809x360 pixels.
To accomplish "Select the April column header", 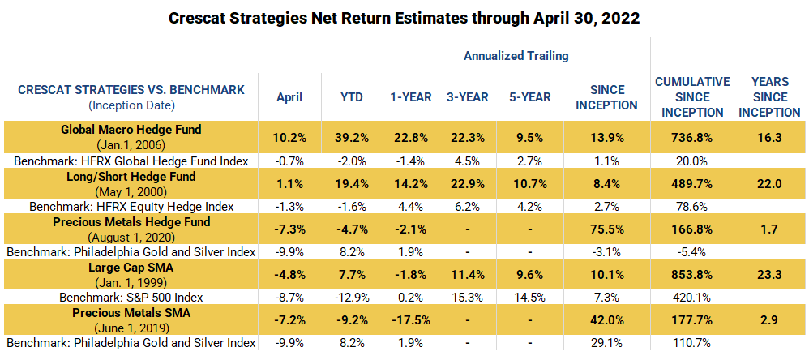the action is point(289,97).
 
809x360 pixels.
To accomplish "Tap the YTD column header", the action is point(352,97).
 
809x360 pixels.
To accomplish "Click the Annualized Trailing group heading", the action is point(516,56).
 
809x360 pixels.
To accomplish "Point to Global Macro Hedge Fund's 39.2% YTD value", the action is point(352,138).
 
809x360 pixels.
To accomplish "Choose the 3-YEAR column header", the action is point(468,97).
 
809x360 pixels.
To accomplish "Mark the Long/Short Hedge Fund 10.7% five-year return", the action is point(530,183).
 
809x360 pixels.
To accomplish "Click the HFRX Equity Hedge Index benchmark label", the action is point(131,206).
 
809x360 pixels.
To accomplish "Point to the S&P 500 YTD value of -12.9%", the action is point(352,297).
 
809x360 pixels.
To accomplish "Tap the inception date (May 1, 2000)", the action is point(131,191).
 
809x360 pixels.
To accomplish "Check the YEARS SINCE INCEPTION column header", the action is point(769,97).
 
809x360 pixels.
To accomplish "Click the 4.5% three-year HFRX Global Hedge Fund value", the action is point(468,161).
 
